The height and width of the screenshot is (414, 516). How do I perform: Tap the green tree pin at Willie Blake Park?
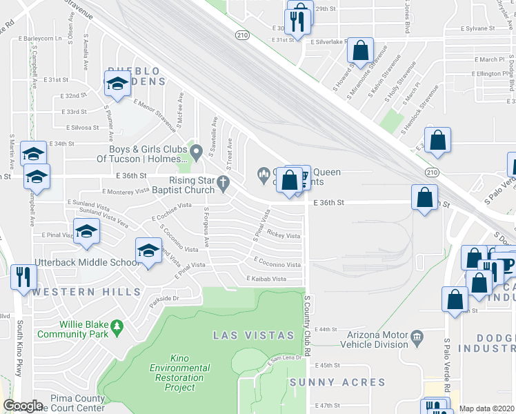118,324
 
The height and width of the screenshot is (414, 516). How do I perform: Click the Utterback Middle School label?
88,263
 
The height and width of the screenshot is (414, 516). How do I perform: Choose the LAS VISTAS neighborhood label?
253,335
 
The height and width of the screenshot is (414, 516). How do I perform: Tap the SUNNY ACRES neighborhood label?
337,382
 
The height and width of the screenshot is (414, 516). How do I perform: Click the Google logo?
23,406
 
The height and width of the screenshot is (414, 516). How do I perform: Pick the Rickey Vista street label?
284,236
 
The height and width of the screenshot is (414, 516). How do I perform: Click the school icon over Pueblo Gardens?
118,83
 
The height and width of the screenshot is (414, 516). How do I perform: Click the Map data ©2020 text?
486,408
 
